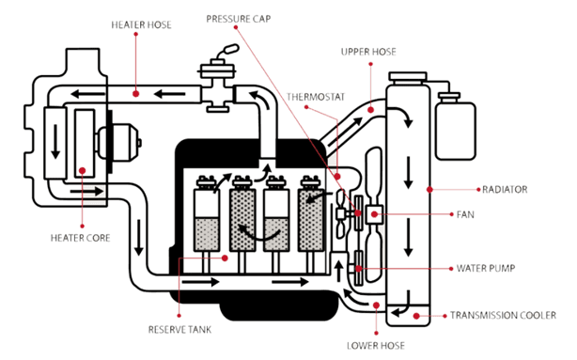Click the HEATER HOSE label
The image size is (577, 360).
click(141, 24)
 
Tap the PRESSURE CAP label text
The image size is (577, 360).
click(239, 19)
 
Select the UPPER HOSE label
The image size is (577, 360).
click(368, 52)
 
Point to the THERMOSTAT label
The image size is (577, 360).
click(316, 97)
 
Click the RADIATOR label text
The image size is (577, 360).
click(505, 190)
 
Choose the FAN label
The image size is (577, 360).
click(465, 214)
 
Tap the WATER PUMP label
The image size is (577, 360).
click(486, 268)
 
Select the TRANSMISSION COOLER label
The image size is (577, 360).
click(503, 316)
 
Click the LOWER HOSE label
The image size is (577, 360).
click(376, 346)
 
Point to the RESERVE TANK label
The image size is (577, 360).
click(179, 329)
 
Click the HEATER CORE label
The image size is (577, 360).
click(80, 238)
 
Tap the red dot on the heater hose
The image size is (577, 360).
click(135, 94)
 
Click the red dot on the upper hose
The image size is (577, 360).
click(370, 110)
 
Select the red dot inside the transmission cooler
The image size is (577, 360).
click(416, 316)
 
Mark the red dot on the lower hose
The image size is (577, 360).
click(376, 305)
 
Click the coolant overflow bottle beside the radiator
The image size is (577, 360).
click(455, 129)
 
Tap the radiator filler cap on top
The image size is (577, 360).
click(408, 77)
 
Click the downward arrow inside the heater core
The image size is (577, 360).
click(55, 142)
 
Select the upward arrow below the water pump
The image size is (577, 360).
click(339, 272)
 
